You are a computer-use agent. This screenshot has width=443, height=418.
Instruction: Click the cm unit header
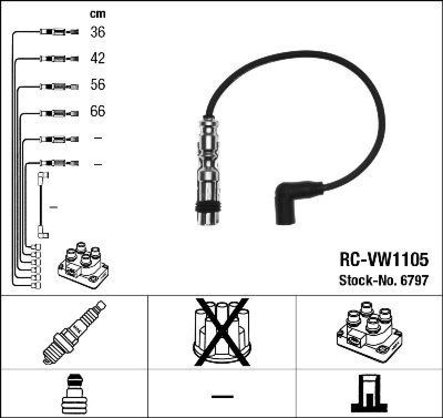point(97,14)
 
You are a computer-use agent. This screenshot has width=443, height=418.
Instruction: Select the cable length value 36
point(97,32)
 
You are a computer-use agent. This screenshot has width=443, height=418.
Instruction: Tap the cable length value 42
point(97,58)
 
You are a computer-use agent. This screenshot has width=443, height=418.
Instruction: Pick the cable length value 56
point(97,85)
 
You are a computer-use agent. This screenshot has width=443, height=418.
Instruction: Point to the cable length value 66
point(97,111)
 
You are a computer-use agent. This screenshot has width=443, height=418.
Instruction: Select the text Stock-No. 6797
point(383,281)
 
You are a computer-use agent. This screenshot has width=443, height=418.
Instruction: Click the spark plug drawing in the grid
point(74,332)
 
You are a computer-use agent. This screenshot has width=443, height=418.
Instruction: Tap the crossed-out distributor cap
point(221,332)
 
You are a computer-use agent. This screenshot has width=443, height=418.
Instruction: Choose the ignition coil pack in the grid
point(369,332)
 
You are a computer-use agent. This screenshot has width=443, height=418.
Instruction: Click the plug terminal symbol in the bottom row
point(74,392)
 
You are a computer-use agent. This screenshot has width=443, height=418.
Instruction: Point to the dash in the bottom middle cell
point(221,396)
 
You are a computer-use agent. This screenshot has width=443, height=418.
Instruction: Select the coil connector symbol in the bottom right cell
point(369,392)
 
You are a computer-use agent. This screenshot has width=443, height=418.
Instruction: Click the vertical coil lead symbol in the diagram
point(42,205)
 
